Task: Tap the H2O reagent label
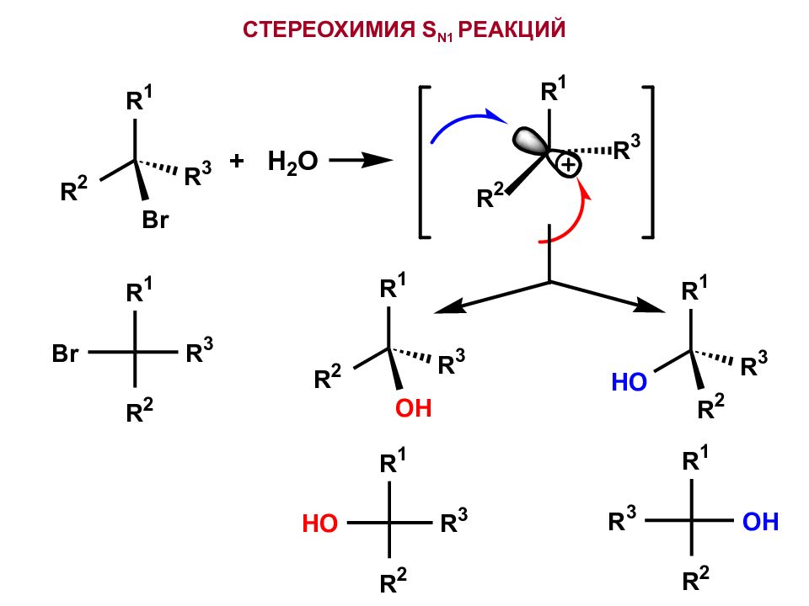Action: (292, 162)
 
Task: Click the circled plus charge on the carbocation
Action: (569, 167)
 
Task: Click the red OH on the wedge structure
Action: (413, 410)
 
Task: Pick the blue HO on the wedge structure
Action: (629, 384)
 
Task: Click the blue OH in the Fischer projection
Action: (761, 523)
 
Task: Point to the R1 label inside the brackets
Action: (554, 90)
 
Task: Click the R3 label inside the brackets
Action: (625, 150)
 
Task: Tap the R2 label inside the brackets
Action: (490, 198)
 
